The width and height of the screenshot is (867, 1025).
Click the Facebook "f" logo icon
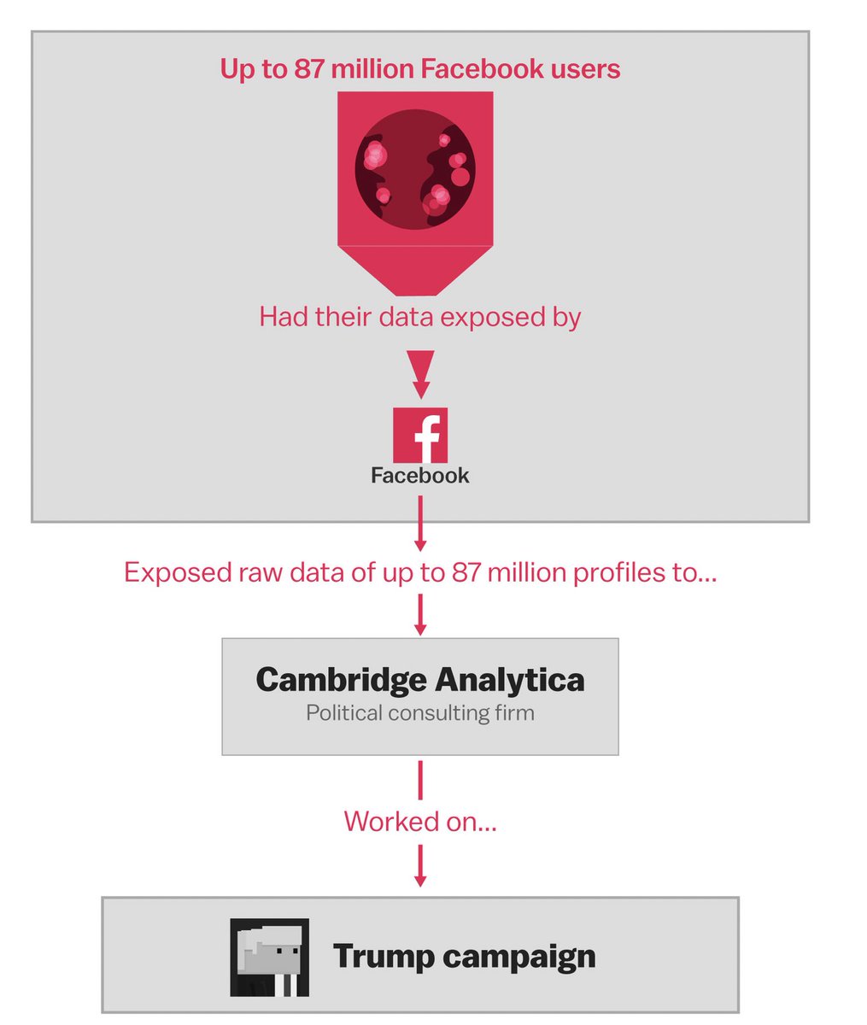click(x=420, y=436)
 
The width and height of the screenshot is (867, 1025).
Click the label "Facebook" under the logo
click(x=420, y=476)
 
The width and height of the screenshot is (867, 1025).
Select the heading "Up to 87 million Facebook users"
click(x=420, y=68)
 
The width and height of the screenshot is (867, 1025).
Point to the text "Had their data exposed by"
click(x=420, y=317)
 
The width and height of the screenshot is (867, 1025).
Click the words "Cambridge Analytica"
click(x=420, y=680)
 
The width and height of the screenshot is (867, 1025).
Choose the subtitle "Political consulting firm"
click(x=420, y=712)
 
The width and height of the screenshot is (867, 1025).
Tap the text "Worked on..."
click(x=420, y=822)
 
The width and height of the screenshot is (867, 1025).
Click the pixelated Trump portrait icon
click(x=269, y=958)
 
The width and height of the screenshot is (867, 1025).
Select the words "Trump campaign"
click(x=464, y=956)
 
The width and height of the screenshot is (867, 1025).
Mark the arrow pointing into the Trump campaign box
click(x=420, y=867)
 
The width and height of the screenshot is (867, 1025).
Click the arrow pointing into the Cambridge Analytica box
click(x=420, y=614)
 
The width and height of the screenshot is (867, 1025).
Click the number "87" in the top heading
click(x=310, y=68)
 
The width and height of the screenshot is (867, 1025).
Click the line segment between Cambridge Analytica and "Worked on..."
click(x=420, y=779)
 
